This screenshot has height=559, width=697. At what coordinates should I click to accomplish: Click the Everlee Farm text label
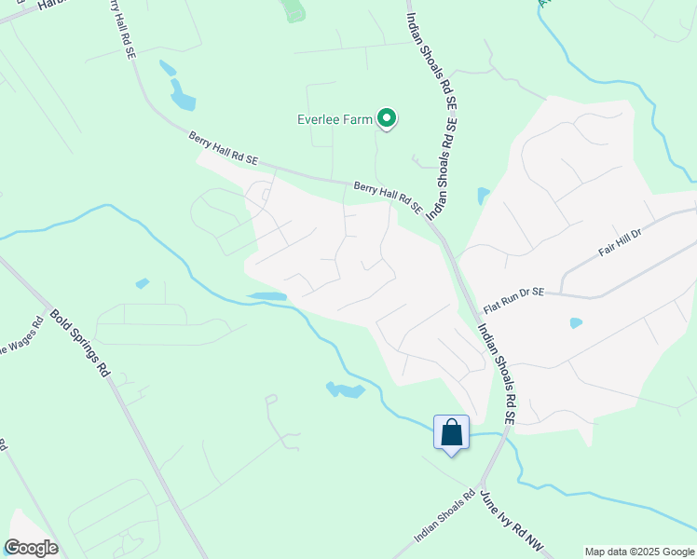point(335,119)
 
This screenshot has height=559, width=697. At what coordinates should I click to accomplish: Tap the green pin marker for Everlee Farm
point(387,118)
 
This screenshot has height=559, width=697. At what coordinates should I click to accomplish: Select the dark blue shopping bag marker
point(452,433)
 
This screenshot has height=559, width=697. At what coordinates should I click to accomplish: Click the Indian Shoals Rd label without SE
point(444,517)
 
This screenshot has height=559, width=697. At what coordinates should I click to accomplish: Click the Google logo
point(31,547)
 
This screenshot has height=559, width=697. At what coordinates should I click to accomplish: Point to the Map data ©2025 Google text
point(639,552)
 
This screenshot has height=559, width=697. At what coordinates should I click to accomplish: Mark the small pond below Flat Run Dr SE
point(576,323)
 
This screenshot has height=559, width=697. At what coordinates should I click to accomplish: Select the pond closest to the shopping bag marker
point(345,389)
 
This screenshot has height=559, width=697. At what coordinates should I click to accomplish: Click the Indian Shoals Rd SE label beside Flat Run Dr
point(494,373)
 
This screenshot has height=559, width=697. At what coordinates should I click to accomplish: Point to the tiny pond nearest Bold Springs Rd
point(142,283)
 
